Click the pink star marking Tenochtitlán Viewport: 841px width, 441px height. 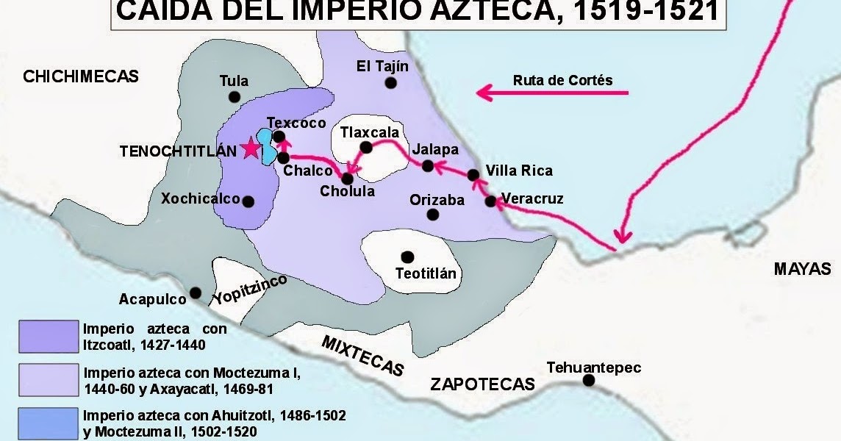(251, 148)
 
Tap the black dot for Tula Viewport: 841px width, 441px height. (234, 96)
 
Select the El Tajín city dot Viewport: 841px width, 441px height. (390, 83)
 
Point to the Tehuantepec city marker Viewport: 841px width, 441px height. (588, 380)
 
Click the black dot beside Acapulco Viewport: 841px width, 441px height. (196, 293)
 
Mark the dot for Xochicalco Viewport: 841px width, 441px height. (248, 201)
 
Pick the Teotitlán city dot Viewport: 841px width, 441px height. (407, 256)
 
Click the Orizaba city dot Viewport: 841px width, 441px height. (433, 215)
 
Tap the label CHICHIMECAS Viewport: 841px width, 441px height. (81, 76)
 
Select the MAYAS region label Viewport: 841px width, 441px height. (801, 269)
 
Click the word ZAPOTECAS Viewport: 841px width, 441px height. (482, 384)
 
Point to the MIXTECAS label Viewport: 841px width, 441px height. (363, 354)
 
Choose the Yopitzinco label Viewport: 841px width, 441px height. (249, 290)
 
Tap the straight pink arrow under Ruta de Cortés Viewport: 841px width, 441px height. (552, 93)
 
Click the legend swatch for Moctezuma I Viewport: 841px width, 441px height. (49, 380)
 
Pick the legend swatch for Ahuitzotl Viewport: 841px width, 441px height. (49, 423)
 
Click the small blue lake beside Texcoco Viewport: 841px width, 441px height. (268, 149)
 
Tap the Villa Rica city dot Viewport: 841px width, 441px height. (474, 175)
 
